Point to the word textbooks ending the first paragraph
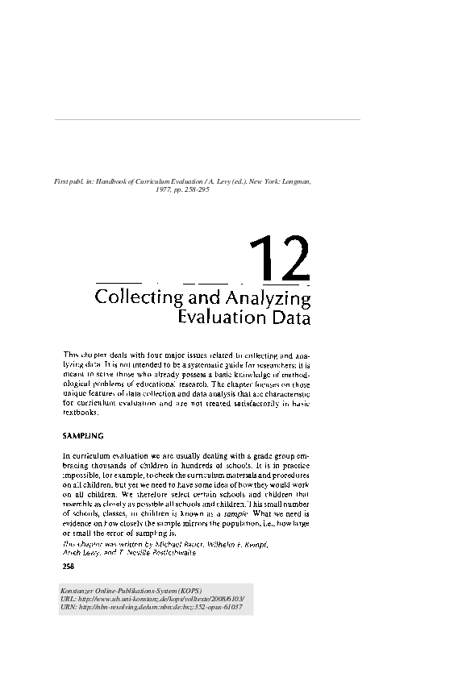pos(81,413)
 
